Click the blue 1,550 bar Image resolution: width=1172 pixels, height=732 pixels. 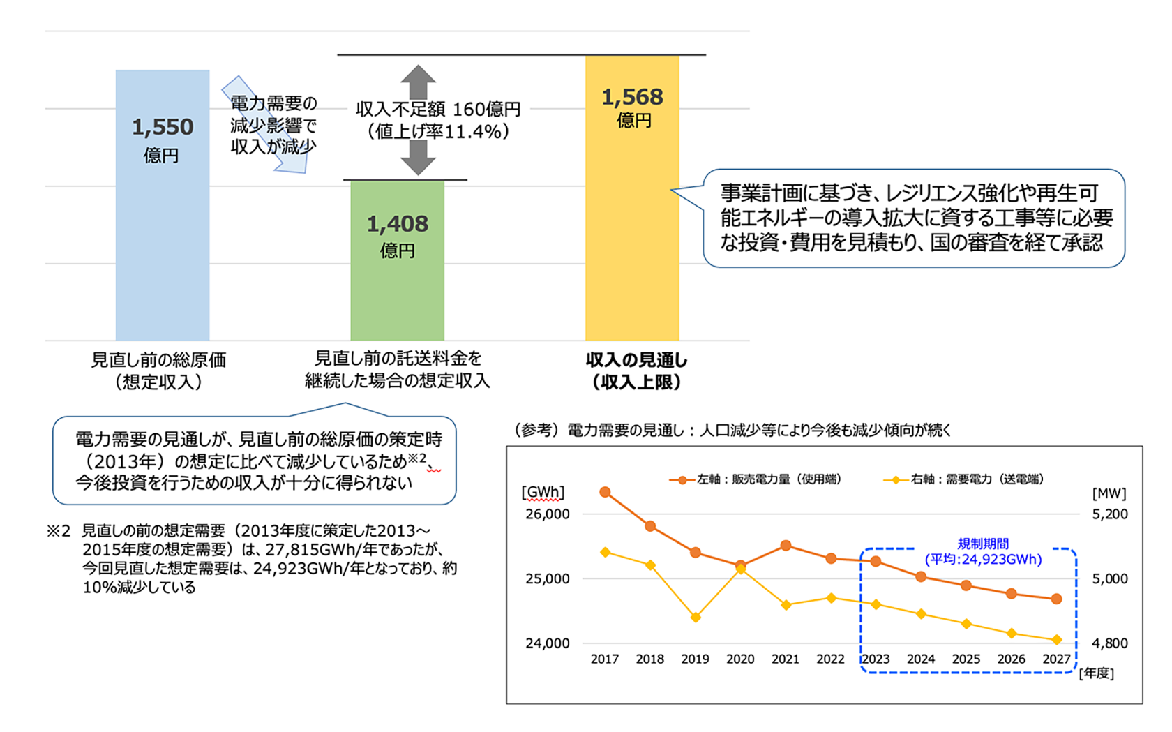pos(162,230)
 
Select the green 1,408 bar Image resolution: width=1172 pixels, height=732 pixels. pos(397,293)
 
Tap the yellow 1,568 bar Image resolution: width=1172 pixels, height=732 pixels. pos(632,230)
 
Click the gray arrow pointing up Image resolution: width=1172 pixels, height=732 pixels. pos(418,82)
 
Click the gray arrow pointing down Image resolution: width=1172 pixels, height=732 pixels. pos(418,158)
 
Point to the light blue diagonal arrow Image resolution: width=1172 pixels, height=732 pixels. pos(266,126)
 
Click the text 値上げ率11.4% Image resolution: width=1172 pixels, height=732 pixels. pos(438,131)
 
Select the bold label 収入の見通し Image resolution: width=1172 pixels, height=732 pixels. pos(636,360)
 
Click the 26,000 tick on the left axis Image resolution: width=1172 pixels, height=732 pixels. pos(548,514)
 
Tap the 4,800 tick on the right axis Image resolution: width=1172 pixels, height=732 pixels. pos(1110,643)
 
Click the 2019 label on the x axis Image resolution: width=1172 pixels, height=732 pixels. pos(695,659)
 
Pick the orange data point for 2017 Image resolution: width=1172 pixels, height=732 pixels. pos(605,493)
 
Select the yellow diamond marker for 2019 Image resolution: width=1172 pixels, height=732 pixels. pos(696,618)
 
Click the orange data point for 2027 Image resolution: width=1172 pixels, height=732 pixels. pos(1056,599)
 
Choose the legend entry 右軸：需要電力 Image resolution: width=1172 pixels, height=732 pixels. pos(967,479)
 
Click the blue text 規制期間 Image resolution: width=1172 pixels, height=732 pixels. pos(983,544)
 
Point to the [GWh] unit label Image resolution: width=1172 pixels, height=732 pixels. pos(542,493)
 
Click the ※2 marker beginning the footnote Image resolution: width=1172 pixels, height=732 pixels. pos(59,531)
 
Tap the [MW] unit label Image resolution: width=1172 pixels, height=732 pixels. pos(1109,493)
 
